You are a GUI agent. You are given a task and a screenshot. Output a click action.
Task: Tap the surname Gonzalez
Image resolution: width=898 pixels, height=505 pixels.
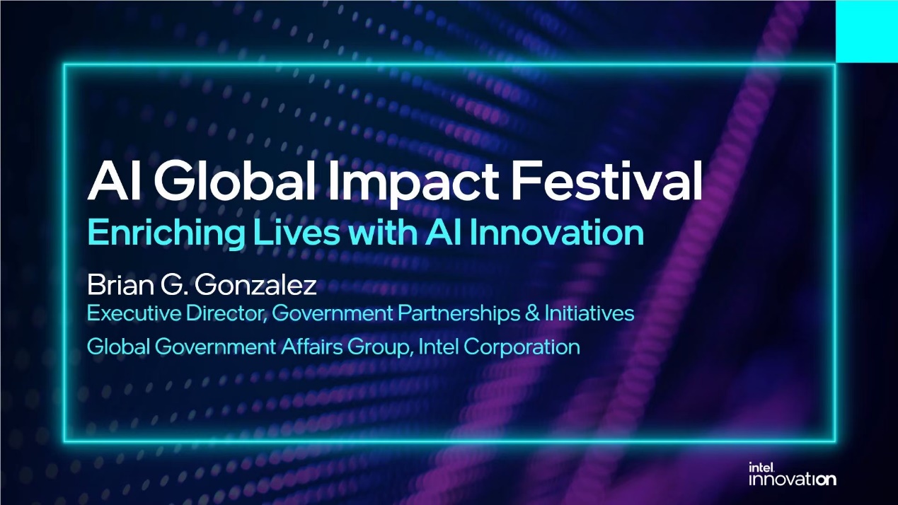(x=255, y=285)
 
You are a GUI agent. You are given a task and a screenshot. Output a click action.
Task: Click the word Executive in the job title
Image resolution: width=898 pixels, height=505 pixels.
(x=134, y=313)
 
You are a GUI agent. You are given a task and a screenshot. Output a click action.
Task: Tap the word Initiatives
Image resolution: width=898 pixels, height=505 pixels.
(x=589, y=313)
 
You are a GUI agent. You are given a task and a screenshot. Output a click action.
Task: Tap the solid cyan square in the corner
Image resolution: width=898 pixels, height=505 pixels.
(x=867, y=31)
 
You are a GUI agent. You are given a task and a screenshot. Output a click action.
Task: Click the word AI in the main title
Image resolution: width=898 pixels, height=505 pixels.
(x=114, y=180)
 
